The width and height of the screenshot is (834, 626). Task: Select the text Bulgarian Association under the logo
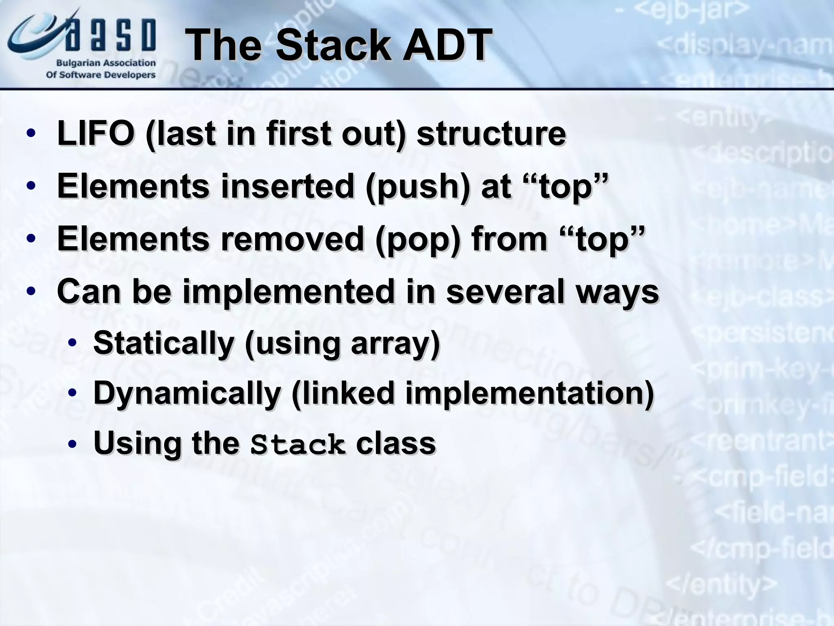(x=105, y=63)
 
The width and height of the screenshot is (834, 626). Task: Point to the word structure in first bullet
(x=491, y=133)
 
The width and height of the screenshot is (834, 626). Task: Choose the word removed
(x=292, y=239)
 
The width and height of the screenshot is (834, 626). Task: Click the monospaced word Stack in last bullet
(x=298, y=445)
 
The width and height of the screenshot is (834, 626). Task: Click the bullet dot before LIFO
(x=31, y=134)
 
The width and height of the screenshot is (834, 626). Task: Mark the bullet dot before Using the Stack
(x=72, y=444)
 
